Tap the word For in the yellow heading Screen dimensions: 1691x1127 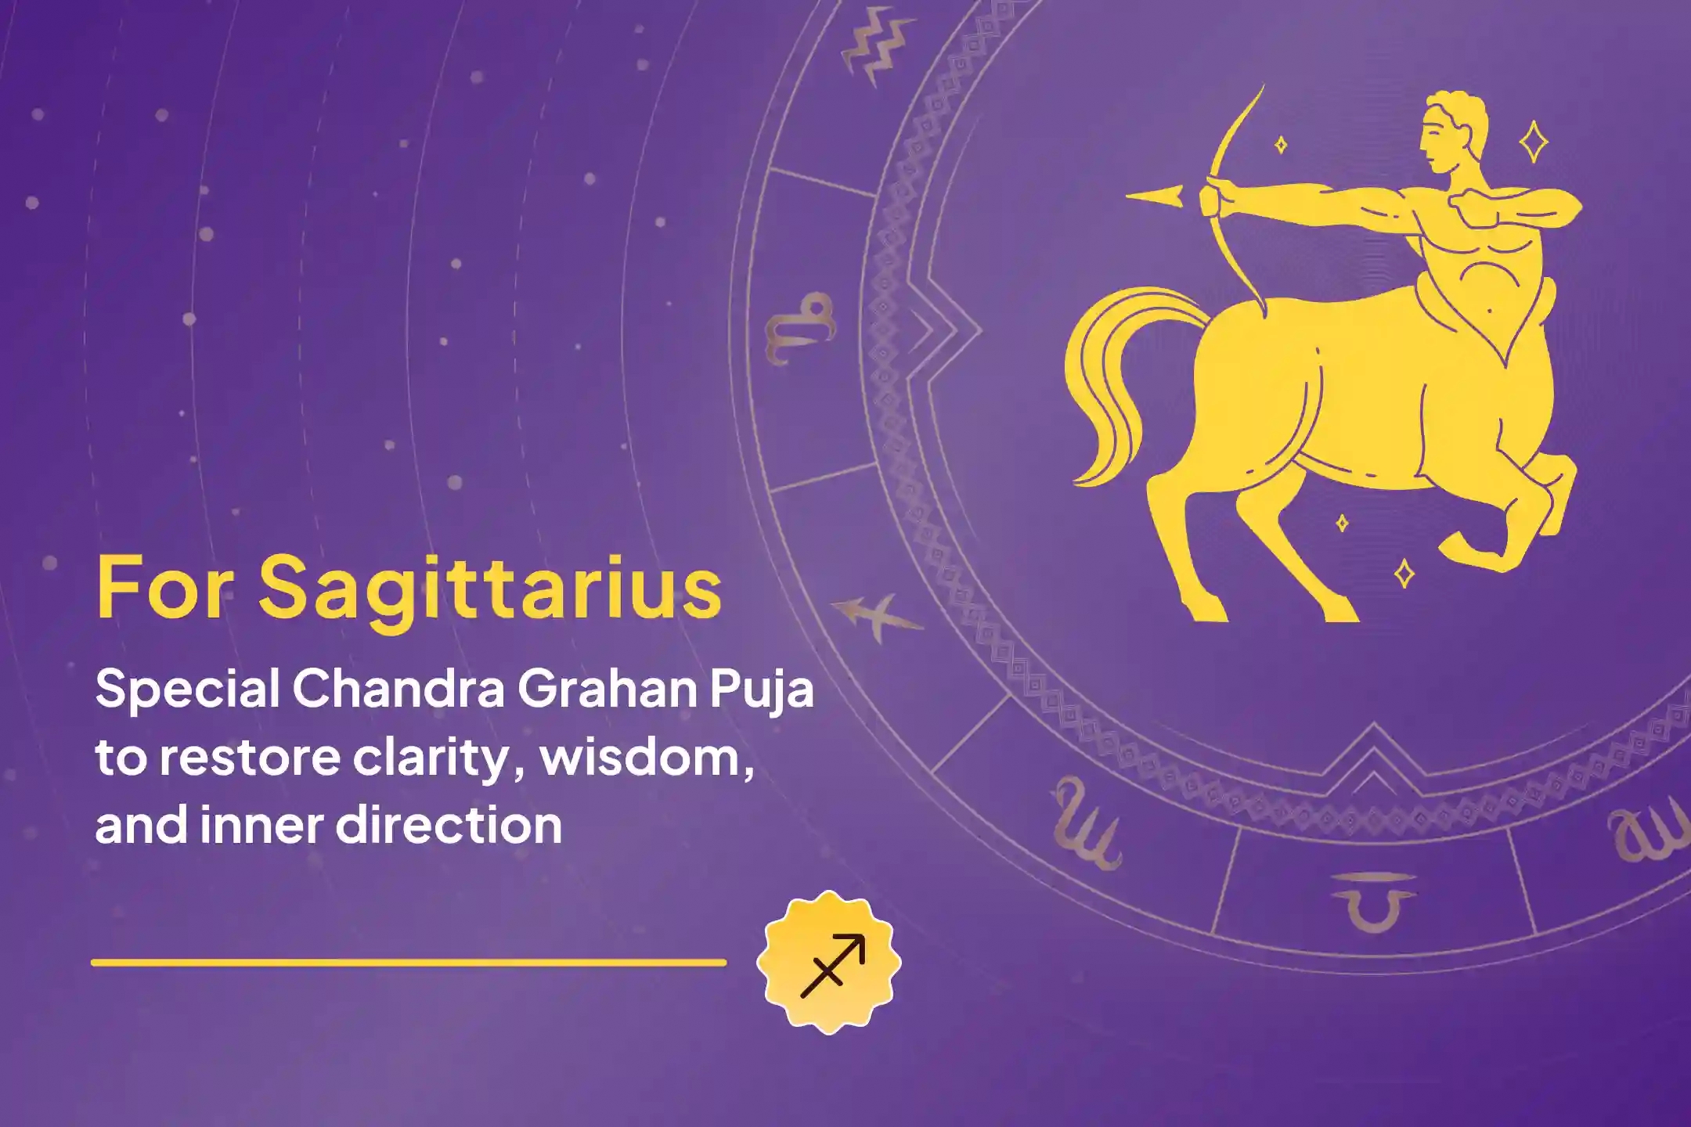click(163, 587)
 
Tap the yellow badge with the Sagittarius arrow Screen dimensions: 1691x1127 click(829, 962)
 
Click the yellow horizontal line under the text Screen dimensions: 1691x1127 click(409, 963)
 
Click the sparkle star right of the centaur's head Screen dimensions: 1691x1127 click(1533, 142)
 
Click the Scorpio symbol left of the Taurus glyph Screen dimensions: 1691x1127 click(1087, 826)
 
